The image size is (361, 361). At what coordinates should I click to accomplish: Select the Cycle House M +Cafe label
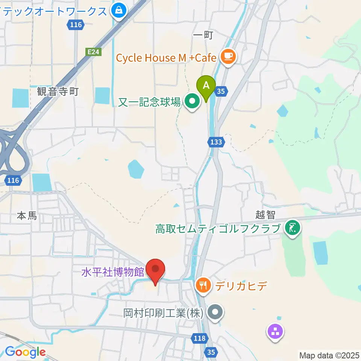pos(166,58)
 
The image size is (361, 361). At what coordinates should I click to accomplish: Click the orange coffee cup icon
pos(228,57)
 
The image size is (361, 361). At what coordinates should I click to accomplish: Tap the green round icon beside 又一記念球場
pos(193,101)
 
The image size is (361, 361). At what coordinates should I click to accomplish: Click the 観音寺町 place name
pos(58,91)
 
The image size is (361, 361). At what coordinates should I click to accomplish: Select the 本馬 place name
pos(27,216)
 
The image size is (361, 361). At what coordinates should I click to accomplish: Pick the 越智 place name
pos(266,215)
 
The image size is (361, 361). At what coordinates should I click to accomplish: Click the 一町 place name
pos(203,35)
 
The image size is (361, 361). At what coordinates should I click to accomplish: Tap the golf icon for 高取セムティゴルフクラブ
pos(292,228)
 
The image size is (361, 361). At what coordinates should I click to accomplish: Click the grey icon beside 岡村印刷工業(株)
pos(215,312)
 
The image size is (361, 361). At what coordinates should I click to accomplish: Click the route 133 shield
pos(216,142)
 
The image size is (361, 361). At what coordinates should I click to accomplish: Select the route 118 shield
pos(200,338)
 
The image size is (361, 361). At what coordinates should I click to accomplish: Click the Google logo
pos(26,352)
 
